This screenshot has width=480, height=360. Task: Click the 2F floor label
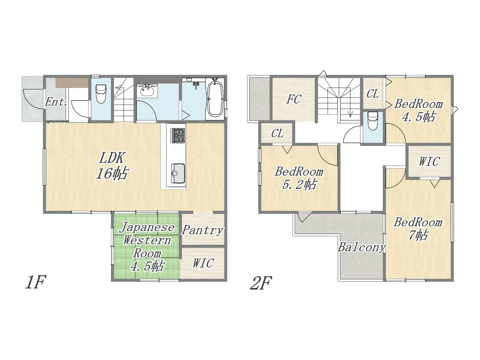point(261,283)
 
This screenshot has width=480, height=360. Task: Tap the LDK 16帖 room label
point(112,166)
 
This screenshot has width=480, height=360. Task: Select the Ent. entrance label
point(56,102)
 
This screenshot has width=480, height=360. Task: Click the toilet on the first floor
point(100,94)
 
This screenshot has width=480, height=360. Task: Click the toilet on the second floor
point(373,121)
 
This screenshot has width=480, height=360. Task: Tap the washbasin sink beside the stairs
point(147,91)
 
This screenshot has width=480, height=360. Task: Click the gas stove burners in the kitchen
point(178,136)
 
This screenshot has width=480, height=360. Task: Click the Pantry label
point(202,230)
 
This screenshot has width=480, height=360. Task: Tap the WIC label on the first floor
point(203,263)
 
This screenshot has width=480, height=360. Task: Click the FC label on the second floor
point(294,99)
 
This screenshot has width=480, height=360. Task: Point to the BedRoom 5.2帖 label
point(299,178)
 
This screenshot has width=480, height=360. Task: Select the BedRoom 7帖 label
point(418,229)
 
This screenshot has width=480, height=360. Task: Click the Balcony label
point(361,248)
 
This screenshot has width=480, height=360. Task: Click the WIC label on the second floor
point(429,162)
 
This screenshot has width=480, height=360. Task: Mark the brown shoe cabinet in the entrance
point(72,83)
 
